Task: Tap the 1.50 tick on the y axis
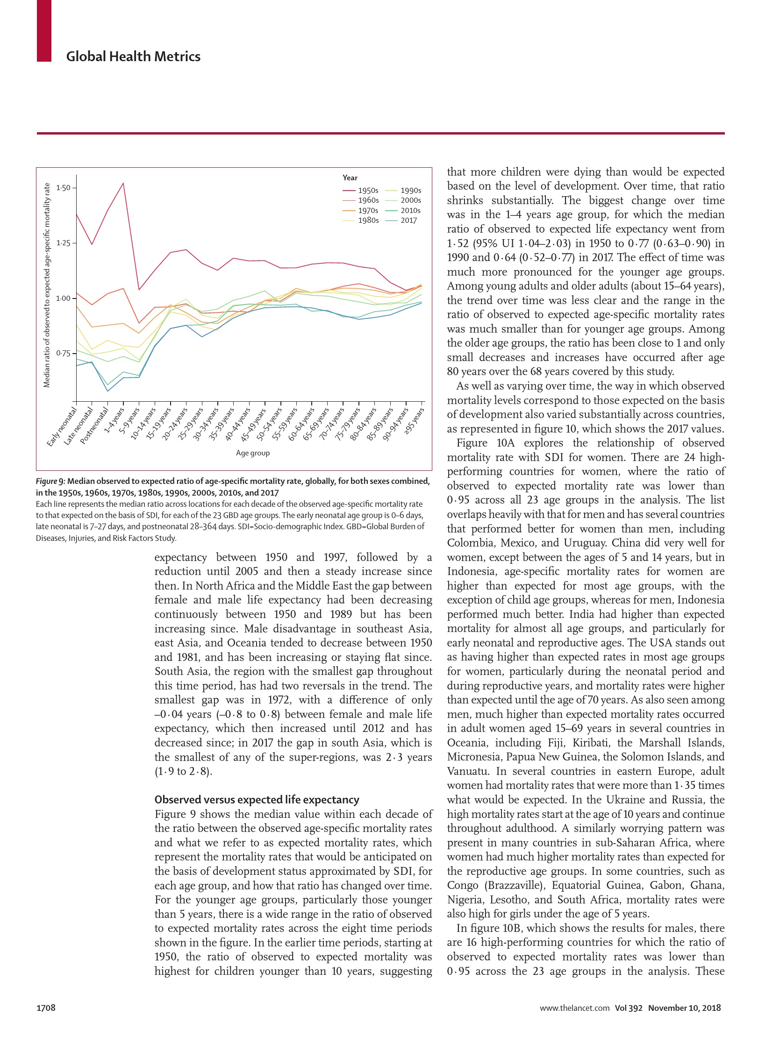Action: coord(63,188)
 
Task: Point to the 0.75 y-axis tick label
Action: coord(63,353)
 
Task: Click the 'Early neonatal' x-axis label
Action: coord(62,426)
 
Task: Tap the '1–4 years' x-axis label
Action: coord(114,420)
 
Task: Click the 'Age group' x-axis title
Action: coord(253,453)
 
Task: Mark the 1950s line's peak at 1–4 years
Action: coord(123,183)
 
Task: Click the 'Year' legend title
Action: coord(350,178)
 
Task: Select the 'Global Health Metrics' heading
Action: coord(133,57)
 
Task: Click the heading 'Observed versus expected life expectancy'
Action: coord(257,799)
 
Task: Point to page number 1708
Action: coord(46,1008)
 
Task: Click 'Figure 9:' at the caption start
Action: coord(50,481)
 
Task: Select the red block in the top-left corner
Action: coord(44,30)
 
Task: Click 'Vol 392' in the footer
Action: coord(629,1008)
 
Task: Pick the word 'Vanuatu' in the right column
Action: coord(468,771)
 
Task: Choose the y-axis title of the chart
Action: coord(47,285)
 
